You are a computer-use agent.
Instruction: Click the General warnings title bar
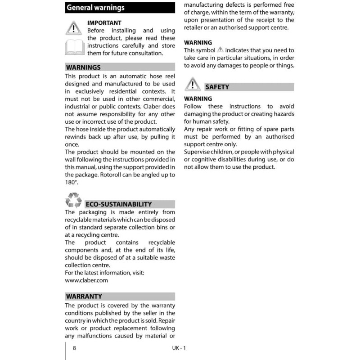(x=120, y=8)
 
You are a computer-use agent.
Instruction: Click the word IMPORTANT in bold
(x=104, y=22)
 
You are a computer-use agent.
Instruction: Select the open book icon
(x=75, y=46)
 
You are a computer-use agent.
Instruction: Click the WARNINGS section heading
(x=83, y=67)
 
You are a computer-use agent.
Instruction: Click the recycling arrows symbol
(x=73, y=200)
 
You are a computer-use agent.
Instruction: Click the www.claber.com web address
(x=86, y=280)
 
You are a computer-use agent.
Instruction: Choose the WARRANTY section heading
(x=84, y=297)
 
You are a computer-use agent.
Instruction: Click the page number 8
(x=74, y=348)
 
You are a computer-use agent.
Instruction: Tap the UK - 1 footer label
(x=179, y=348)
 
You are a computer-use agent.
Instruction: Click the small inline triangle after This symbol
(x=220, y=50)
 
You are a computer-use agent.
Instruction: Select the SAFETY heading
(x=217, y=87)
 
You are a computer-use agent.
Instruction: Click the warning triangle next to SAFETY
(x=193, y=84)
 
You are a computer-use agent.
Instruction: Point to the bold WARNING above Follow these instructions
(x=198, y=99)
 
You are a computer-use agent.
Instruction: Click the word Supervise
(x=198, y=152)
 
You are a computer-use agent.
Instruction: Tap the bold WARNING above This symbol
(x=198, y=43)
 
